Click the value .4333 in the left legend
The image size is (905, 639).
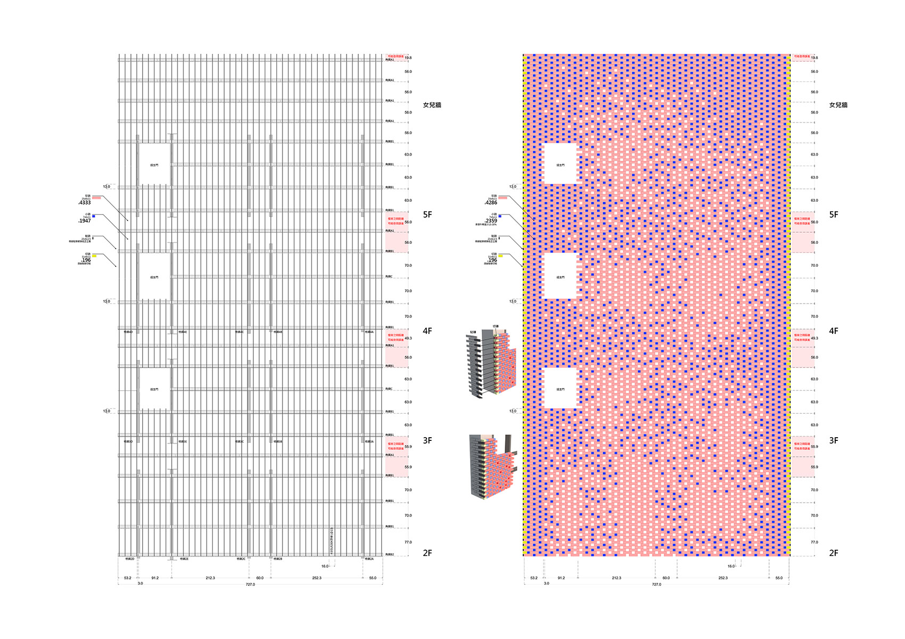coord(85,203)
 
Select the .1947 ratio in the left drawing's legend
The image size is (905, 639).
coord(85,220)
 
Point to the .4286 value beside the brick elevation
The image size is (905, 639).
coord(491,203)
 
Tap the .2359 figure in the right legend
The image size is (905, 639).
coord(491,220)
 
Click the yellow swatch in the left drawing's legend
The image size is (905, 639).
coord(94,256)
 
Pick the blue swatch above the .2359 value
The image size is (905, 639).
coord(500,216)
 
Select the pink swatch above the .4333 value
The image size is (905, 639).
coord(96,198)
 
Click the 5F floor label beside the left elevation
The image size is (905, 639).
coord(427,215)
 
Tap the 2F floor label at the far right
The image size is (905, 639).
coord(834,553)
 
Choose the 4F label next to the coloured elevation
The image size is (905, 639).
coord(834,331)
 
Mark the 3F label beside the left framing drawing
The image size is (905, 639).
coord(427,441)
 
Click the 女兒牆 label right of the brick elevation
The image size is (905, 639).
coord(838,105)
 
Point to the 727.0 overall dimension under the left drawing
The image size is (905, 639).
coord(250,585)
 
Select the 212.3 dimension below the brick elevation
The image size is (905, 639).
coord(616,578)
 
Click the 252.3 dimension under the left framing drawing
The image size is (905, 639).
coord(317,578)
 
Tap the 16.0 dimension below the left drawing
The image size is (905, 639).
coord(325,567)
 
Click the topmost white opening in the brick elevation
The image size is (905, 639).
coord(561,164)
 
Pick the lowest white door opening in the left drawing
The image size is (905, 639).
coord(154,389)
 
